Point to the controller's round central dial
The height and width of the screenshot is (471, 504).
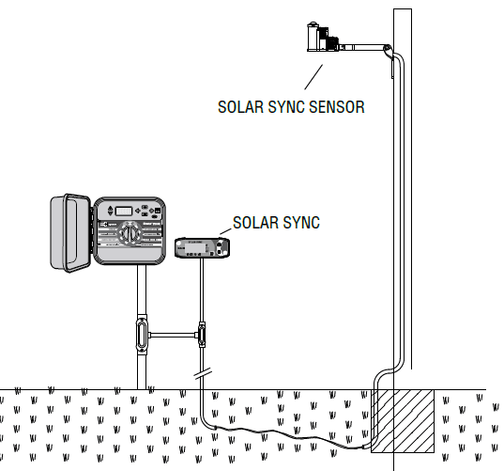pyautogui.click(x=134, y=231)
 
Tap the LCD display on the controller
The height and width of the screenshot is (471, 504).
pyautogui.click(x=123, y=211)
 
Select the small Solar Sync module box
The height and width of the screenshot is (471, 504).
pyautogui.click(x=202, y=248)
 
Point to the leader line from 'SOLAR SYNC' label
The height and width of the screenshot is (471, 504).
pyautogui.click(x=225, y=230)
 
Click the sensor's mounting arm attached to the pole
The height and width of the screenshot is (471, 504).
pyautogui.click(x=367, y=45)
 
